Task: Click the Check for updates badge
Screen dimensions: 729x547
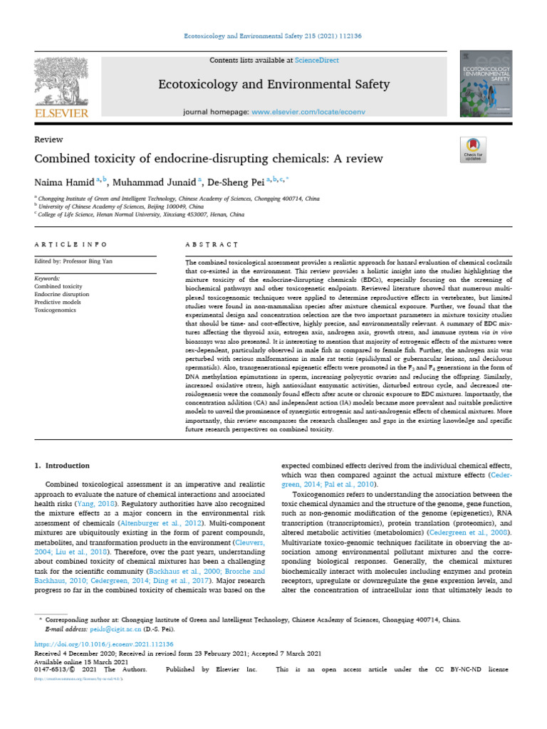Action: click(x=474, y=152)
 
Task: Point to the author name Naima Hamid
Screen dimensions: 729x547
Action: click(x=63, y=182)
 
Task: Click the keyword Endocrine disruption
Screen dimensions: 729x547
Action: click(x=62, y=294)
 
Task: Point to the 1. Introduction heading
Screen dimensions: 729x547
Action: click(x=62, y=466)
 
